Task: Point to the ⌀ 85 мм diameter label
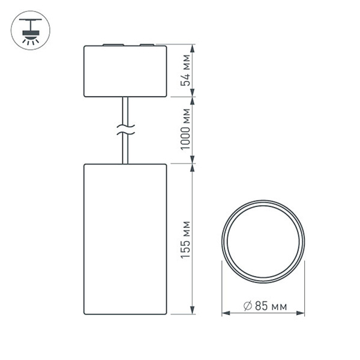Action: click(x=265, y=306)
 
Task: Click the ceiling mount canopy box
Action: click(x=125, y=71)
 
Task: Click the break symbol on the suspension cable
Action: click(x=125, y=128)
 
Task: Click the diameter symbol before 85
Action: click(x=247, y=306)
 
